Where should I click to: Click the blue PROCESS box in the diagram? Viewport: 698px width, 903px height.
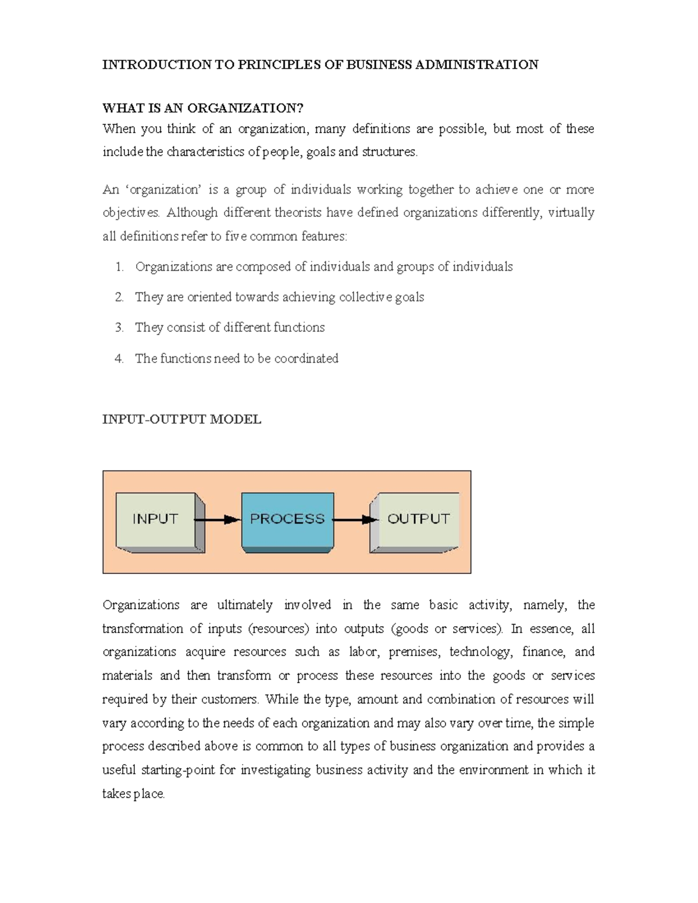pos(287,519)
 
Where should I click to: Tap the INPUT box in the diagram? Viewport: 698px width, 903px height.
pos(155,519)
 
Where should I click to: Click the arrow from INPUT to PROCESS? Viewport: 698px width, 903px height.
pos(218,519)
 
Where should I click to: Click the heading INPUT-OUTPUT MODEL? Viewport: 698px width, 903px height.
pos(181,420)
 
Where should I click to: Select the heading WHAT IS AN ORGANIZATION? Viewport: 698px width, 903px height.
pos(202,108)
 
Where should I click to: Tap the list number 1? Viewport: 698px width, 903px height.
pos(119,267)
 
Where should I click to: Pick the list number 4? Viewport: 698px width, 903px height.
pos(119,359)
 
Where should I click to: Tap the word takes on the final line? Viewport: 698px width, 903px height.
pos(116,794)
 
